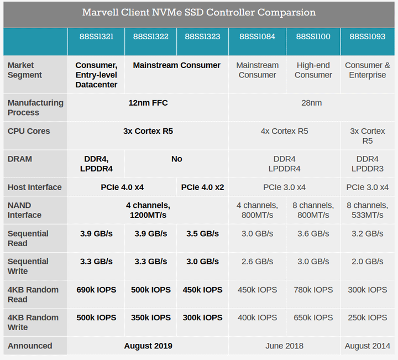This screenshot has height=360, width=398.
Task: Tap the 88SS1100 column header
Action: click(x=313, y=37)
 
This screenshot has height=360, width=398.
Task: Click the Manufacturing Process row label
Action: click(x=35, y=107)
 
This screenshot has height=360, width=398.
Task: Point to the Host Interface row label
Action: click(x=34, y=187)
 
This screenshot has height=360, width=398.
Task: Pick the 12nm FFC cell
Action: click(x=148, y=103)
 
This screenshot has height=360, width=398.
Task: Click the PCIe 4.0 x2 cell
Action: click(x=202, y=187)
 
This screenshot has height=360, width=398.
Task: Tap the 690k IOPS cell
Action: click(x=96, y=290)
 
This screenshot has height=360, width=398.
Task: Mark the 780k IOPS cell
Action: click(x=313, y=290)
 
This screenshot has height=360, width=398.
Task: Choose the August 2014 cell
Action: click(x=368, y=346)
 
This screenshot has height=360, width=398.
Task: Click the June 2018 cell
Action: click(x=284, y=346)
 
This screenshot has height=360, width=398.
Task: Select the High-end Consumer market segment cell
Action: click(x=313, y=70)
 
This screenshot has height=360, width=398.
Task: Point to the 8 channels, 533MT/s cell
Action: click(x=368, y=210)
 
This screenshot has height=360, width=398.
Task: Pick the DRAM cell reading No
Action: click(x=176, y=159)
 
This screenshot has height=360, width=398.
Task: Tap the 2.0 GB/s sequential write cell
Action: click(x=368, y=262)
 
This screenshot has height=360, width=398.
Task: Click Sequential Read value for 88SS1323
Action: click(x=202, y=234)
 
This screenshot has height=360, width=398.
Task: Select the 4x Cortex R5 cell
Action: click(x=284, y=131)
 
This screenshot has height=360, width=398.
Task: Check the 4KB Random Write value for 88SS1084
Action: click(x=257, y=317)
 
